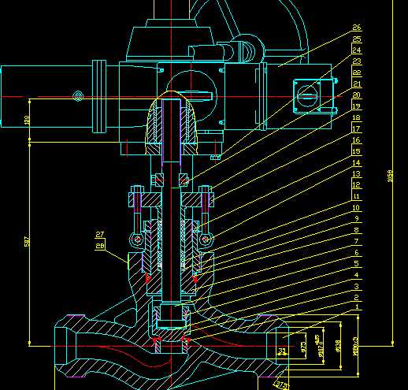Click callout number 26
[357, 27]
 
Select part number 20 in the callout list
[357, 95]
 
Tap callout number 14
[357, 162]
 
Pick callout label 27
[100, 235]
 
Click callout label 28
[100, 246]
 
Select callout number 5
[357, 263]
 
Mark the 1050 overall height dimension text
[391, 178]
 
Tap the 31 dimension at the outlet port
[282, 350]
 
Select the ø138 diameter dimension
[339, 345]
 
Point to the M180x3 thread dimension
[355, 345]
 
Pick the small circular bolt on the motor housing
[77, 96]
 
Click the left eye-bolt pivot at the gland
[138, 238]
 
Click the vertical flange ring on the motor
[100, 97]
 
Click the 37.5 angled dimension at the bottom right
[281, 384]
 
